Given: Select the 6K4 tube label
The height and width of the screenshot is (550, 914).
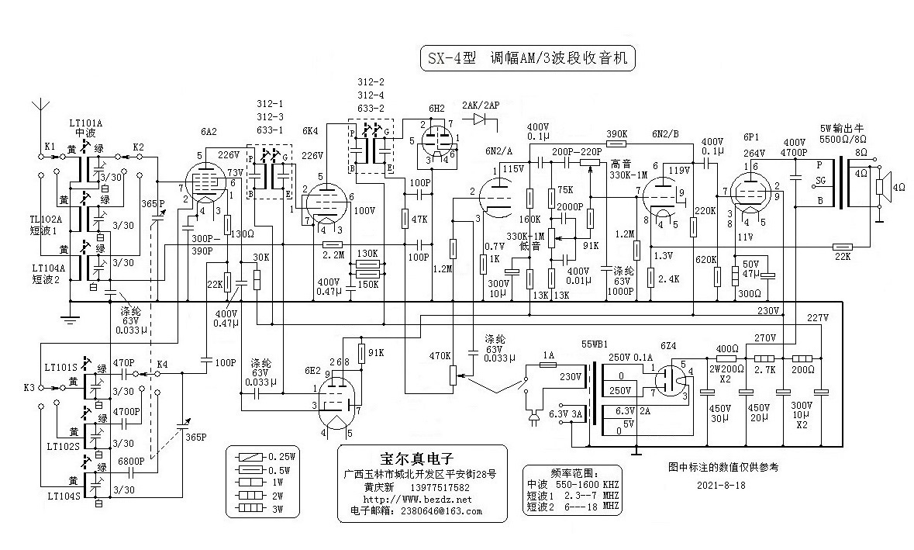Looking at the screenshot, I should (311, 131).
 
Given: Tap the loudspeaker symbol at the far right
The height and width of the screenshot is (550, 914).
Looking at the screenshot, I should (881, 186).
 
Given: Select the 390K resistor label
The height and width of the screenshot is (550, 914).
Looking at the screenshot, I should (616, 133).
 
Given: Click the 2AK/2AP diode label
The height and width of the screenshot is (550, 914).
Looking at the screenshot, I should (480, 105).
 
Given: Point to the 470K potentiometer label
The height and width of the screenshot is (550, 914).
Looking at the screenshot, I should (439, 356).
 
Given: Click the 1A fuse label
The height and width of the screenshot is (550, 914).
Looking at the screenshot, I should (548, 355).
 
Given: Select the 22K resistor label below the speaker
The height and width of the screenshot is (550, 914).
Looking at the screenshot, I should (843, 258).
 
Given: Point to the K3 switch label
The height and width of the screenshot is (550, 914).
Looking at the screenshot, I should (29, 386).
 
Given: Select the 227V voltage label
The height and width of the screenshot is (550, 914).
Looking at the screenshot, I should (817, 318).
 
